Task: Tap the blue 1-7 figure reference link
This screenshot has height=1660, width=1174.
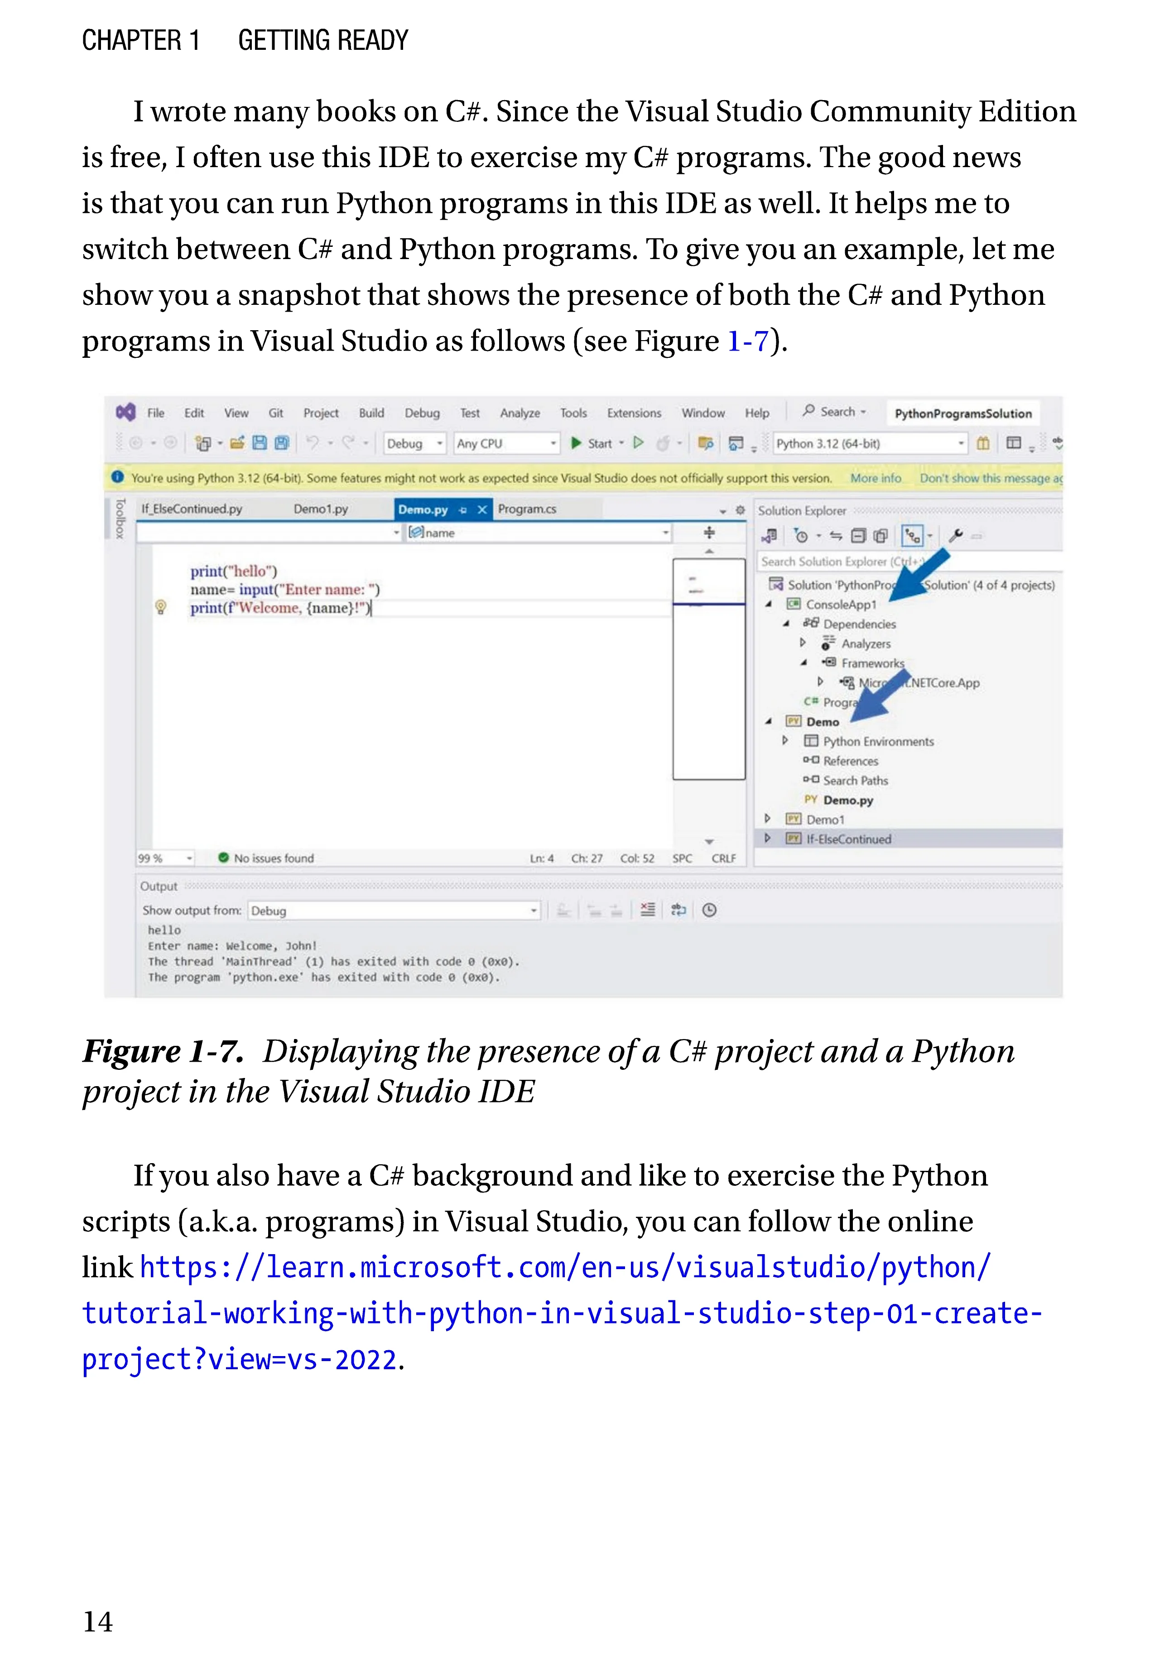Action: [747, 341]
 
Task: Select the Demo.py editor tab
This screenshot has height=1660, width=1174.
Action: [423, 510]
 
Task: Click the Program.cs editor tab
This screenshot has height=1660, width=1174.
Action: [527, 509]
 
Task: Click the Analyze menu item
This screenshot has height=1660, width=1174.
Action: [520, 413]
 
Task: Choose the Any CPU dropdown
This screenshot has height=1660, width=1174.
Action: [506, 443]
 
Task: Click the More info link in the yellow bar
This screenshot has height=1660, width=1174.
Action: [876, 478]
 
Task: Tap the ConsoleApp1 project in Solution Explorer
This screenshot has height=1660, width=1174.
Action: [840, 604]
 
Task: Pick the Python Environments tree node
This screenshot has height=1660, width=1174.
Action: [878, 741]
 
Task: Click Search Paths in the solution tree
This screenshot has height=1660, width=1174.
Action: [855, 780]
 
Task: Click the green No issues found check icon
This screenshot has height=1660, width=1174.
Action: [223, 857]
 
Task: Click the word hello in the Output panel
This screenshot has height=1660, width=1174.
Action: [164, 930]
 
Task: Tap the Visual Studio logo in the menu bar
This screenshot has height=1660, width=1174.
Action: [126, 412]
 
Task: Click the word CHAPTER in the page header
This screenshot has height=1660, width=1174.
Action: [131, 40]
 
